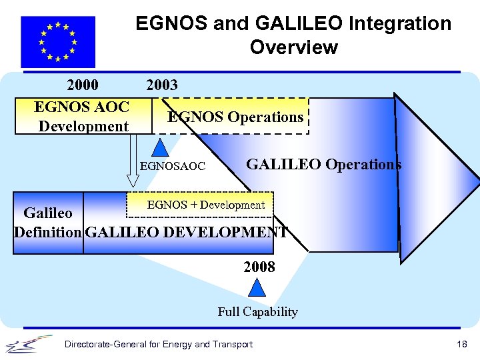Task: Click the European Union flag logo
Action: (58, 41)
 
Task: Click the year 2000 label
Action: (83, 85)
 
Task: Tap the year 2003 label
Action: (162, 85)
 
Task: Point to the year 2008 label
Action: (259, 267)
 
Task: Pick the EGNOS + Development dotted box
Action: (205, 205)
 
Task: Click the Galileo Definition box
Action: (48, 223)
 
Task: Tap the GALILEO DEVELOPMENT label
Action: (187, 233)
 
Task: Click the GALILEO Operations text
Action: (323, 164)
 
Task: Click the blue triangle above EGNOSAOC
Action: (159, 148)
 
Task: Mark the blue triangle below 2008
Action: (257, 288)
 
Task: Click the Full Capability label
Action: (257, 311)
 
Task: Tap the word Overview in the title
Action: (293, 47)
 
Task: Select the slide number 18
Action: (462, 344)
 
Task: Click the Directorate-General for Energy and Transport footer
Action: (158, 344)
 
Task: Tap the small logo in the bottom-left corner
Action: (29, 343)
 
